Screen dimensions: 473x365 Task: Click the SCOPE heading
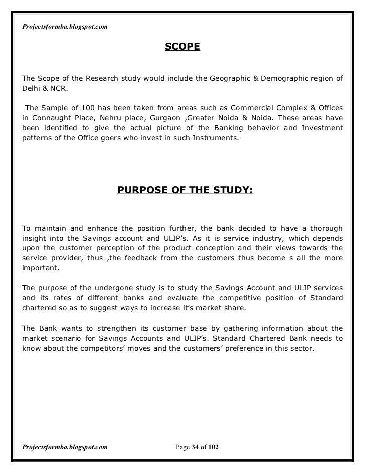pos(182,47)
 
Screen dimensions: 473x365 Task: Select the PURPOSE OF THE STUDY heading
pos(185,190)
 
